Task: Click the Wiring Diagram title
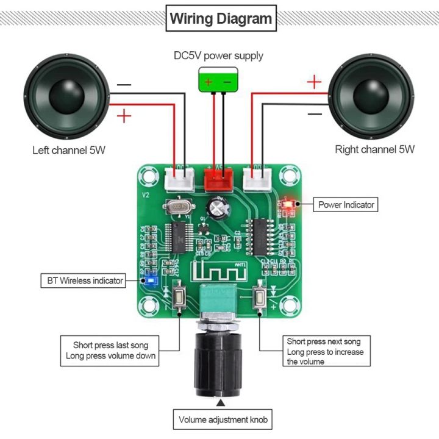[220, 18]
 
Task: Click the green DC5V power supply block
[219, 81]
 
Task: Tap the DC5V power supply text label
[218, 56]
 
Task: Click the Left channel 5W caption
[69, 150]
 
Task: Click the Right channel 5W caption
[374, 149]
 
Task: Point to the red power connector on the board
[219, 179]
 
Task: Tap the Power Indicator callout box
[346, 205]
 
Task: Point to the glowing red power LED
[289, 204]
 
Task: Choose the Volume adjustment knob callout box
[223, 419]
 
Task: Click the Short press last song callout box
[110, 351]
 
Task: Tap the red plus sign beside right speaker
[313, 82]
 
